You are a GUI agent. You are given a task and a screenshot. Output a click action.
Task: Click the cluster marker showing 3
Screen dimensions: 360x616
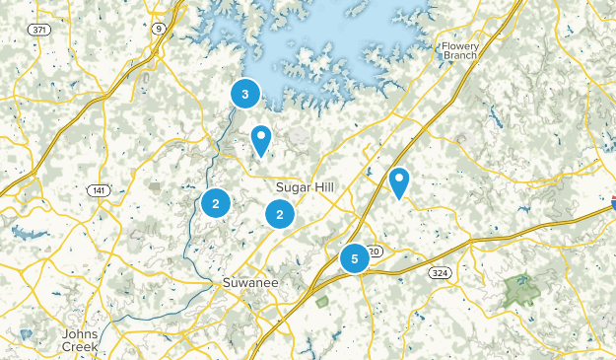(244, 94)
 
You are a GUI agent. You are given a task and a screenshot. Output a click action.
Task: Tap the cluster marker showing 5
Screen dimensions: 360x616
(354, 258)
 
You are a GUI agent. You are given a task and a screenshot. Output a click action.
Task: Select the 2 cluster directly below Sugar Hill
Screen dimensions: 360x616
(280, 213)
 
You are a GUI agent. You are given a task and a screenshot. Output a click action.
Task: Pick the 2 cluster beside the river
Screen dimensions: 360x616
(215, 204)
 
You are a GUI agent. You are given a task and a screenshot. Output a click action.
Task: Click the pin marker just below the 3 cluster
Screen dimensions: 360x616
(261, 140)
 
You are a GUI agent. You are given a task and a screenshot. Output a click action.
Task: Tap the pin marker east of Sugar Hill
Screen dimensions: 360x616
(398, 181)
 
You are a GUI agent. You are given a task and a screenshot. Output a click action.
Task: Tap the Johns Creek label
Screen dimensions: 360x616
(80, 339)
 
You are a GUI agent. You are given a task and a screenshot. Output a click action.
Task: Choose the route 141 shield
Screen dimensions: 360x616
(99, 190)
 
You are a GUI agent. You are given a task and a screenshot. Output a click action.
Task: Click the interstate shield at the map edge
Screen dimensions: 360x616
(611, 203)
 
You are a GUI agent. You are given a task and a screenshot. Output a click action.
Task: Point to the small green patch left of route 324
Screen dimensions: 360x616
(322, 301)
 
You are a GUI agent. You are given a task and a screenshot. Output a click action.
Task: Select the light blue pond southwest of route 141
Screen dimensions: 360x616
(24, 234)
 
